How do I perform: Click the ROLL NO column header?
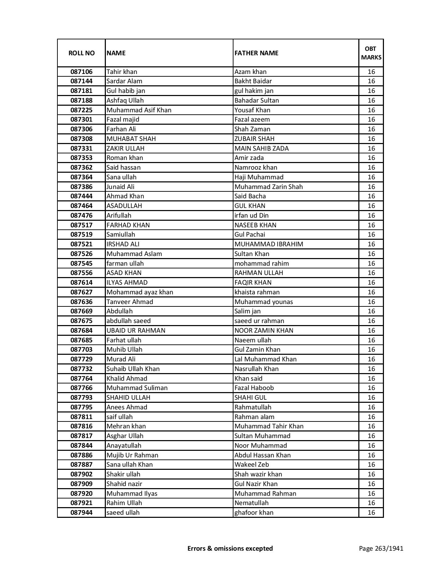[81, 53]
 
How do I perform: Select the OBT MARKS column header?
[371, 53]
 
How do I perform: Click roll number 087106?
[81, 72]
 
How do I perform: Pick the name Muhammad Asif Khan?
[139, 110]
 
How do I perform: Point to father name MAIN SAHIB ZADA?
[261, 149]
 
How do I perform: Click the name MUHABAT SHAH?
[131, 139]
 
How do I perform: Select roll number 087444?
[81, 196]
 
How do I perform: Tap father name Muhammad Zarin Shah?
[268, 187]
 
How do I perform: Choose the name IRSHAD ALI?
[123, 244]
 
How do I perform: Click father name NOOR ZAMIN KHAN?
[264, 331]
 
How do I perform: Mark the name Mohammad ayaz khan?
[140, 292]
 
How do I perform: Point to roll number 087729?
[81, 359]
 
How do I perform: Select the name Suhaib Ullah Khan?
[133, 369]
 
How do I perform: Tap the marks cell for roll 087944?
[371, 513]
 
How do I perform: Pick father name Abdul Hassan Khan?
[263, 455]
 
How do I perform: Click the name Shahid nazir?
[124, 484]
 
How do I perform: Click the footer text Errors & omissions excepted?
[230, 548]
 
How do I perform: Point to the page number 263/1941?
[381, 548]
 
